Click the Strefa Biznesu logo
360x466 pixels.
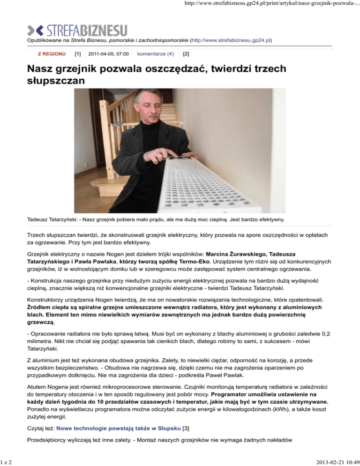pyautogui.click(x=77, y=31)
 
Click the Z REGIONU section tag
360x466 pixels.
pyautogui.click(x=51, y=54)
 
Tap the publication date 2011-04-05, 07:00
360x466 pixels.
pyautogui.click(x=108, y=54)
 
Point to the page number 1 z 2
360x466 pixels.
pyautogui.click(x=8, y=459)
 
